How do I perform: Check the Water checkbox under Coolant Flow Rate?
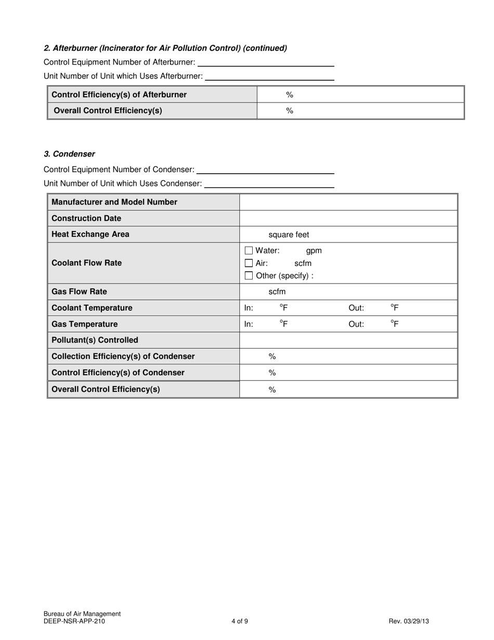point(249,250)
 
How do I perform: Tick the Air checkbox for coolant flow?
point(249,263)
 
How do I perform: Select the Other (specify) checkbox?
point(249,276)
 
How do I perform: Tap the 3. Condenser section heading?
point(69,154)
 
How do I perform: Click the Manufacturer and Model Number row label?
point(114,202)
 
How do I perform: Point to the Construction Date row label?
point(86,218)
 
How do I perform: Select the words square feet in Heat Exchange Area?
point(289,235)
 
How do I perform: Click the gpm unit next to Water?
point(314,251)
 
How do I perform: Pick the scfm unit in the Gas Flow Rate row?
point(277,292)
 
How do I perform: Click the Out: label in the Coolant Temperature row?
point(356,308)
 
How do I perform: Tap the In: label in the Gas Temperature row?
point(249,324)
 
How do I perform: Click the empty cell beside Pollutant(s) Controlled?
point(348,340)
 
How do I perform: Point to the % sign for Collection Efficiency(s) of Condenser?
point(271,356)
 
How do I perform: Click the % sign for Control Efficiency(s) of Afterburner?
point(290,95)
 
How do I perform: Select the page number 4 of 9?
point(240,621)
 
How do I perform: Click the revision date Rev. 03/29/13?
point(409,621)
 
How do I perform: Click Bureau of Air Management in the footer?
point(82,614)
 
